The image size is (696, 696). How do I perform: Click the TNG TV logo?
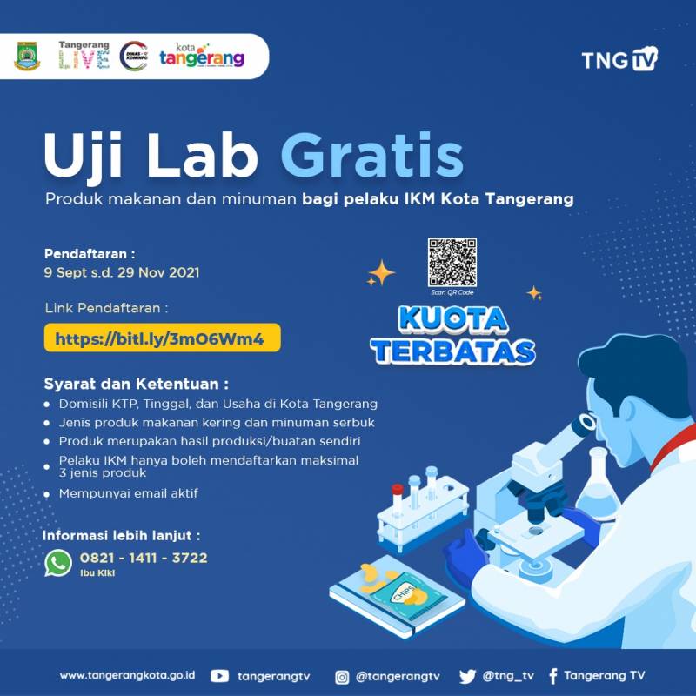619,58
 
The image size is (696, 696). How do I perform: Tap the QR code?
452,263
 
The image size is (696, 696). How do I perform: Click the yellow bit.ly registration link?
162,338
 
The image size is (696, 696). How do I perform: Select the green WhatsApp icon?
58,563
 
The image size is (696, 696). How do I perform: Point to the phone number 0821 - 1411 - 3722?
144,558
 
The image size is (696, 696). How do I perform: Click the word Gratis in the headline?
372,156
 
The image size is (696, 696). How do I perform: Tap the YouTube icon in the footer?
219,676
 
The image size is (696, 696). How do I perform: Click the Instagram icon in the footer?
342,677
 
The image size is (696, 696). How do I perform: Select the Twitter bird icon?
467,677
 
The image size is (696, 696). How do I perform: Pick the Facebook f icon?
553,676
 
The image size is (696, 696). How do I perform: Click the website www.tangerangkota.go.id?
127,676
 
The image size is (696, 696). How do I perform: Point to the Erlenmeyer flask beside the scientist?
597,483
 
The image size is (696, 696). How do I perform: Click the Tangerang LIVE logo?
84,55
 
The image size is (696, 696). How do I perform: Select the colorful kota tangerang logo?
202,56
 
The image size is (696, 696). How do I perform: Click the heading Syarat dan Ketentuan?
137,384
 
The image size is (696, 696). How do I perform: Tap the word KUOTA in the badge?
452,318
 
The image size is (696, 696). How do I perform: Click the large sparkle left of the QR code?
381,272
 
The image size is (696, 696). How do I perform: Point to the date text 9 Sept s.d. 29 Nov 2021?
122,272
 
